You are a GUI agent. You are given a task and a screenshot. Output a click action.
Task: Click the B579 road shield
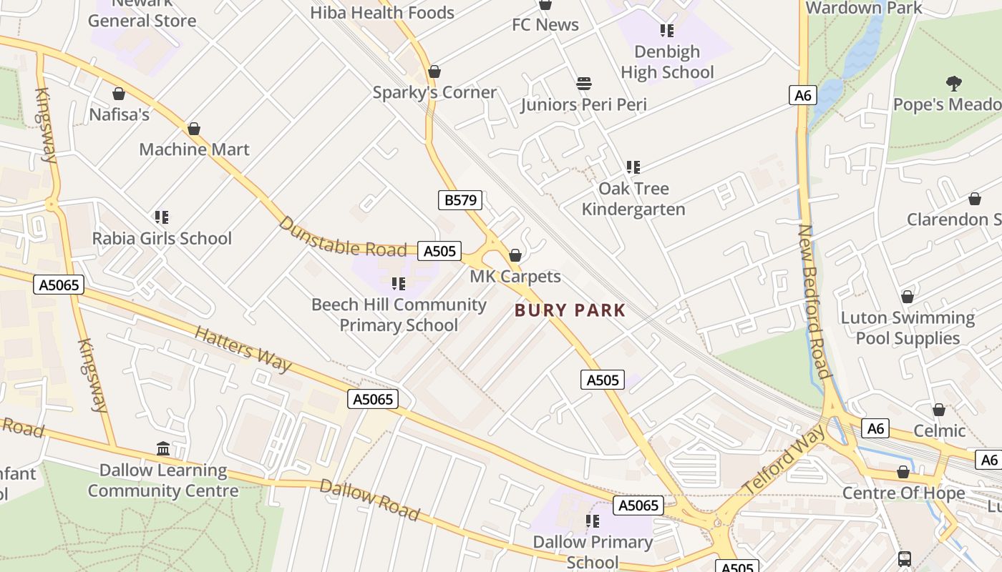460,200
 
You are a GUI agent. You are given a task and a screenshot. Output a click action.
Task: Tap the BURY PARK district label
570,310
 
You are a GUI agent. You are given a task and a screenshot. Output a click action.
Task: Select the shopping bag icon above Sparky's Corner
434,72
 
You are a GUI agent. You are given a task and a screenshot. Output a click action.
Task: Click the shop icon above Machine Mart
194,129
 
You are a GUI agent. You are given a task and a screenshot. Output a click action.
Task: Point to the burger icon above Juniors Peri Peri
584,84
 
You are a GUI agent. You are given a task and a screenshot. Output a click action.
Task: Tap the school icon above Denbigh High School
667,31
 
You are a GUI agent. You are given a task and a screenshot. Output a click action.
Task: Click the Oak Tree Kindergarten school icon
633,167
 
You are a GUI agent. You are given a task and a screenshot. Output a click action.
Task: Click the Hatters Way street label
243,350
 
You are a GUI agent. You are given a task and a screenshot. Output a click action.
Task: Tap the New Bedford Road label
814,301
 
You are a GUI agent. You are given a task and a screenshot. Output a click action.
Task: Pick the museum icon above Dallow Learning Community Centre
163,449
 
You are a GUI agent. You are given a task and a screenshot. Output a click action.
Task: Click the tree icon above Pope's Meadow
953,84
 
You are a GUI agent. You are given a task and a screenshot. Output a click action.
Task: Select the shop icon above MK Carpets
515,255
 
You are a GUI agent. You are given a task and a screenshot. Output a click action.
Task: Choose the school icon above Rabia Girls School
162,217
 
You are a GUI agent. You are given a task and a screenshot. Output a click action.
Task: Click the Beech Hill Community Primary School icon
399,284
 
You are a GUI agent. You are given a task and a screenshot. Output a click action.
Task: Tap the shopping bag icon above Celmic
939,410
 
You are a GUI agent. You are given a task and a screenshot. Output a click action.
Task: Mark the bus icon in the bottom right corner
905,558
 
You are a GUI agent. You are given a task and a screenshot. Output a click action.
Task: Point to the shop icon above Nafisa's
119,94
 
